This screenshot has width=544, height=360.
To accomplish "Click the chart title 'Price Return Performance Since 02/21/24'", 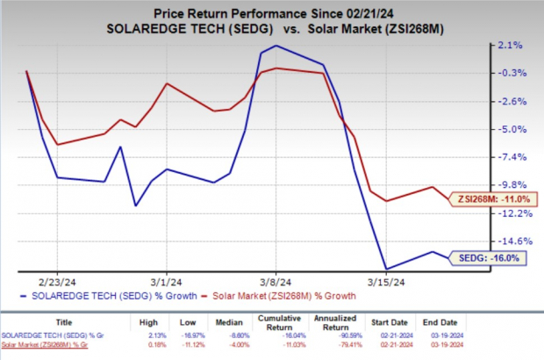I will (x=272, y=12).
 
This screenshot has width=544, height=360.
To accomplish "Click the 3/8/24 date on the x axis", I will (x=276, y=282).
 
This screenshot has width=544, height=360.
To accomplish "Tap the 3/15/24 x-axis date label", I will (x=386, y=282).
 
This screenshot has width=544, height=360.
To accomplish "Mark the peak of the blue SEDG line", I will (x=276, y=46).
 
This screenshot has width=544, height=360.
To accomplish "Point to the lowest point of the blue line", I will (x=386, y=269).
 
